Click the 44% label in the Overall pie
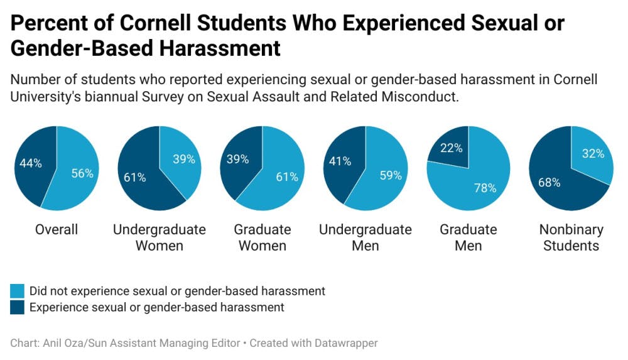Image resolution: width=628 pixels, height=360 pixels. click(30, 163)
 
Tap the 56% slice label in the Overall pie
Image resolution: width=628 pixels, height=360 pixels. click(82, 174)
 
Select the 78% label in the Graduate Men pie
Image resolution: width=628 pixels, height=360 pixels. click(485, 188)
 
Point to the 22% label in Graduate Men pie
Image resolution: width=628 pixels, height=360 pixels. click(452, 148)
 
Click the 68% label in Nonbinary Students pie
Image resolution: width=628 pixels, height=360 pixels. click(550, 183)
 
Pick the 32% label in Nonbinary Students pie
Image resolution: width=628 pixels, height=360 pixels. click(593, 153)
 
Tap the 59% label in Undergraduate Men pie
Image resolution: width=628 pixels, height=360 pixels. click(391, 175)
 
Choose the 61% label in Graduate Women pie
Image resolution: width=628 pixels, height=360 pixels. click(287, 177)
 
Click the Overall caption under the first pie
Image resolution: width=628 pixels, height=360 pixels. click(57, 229)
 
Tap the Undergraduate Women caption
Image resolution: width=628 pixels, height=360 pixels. click(160, 237)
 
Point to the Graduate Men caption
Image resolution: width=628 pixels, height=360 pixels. click(468, 237)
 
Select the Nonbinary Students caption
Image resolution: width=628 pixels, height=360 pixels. click(571, 237)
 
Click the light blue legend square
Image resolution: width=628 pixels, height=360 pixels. click(17, 291)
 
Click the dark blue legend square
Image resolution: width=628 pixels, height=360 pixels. click(17, 307)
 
